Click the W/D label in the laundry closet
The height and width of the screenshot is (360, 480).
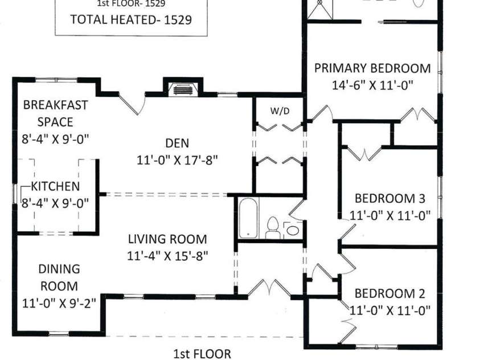(280, 111)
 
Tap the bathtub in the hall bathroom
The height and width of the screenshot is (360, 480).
(249, 218)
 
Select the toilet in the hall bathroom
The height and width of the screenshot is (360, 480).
(272, 228)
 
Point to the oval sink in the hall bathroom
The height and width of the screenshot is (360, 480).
(293, 230)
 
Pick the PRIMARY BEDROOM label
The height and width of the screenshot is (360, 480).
(372, 68)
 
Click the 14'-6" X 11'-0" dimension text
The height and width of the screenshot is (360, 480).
(372, 85)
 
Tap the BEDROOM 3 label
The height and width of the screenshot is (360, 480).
(389, 198)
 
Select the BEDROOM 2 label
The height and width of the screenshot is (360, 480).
(389, 293)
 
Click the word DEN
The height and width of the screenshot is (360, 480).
(177, 143)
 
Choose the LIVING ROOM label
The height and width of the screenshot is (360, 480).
(167, 239)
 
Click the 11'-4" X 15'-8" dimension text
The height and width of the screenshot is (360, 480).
(167, 256)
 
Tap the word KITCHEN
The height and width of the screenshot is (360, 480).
(55, 186)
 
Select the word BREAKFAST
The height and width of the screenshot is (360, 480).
(55, 105)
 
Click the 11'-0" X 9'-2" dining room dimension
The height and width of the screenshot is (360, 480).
(59, 304)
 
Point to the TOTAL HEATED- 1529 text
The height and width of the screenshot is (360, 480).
(131, 19)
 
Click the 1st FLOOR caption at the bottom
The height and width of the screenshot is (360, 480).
(202, 354)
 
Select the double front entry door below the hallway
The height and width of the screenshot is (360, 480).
(269, 288)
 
